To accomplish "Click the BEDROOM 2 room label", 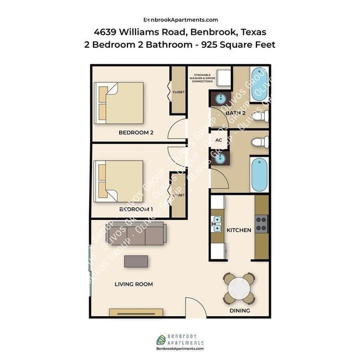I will (x=136, y=132).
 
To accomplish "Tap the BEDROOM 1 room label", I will (x=136, y=209).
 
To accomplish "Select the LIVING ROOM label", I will (x=133, y=284).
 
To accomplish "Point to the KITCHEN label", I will (x=239, y=230).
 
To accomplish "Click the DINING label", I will (x=239, y=311).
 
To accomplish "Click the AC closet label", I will (x=218, y=140).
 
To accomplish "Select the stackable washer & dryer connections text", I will (x=202, y=78).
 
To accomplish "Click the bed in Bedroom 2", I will (x=119, y=102).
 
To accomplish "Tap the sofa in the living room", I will (x=136, y=234).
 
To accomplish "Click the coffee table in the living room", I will (x=136, y=261).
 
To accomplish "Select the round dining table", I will (x=240, y=287).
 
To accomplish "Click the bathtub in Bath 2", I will (x=259, y=84).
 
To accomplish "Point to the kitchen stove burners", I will (x=261, y=222).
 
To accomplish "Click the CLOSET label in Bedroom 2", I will (x=178, y=92).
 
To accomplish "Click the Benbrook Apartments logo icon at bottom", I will (x=160, y=339).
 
